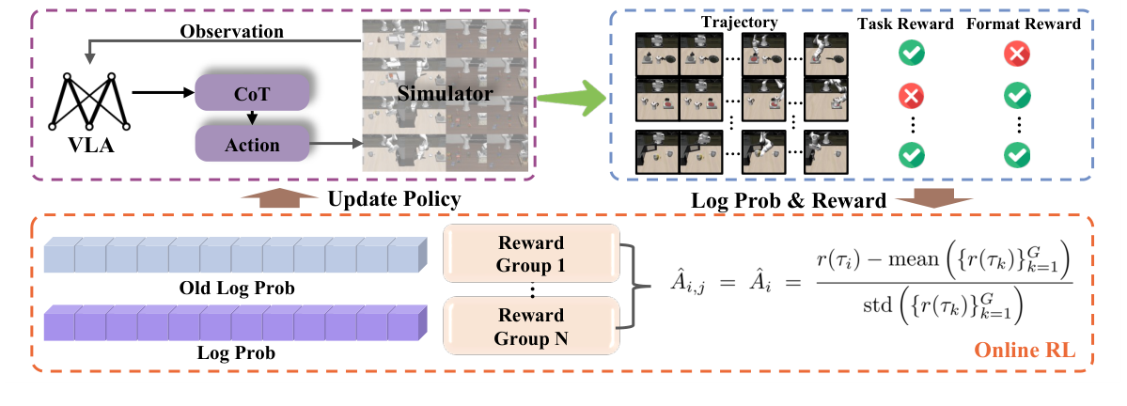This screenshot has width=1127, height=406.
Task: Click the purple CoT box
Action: (251, 94)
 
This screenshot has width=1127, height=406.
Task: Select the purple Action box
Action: (251, 145)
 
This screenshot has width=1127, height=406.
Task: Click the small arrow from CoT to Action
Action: (251, 119)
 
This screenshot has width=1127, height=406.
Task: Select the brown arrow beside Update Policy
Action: (266, 198)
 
